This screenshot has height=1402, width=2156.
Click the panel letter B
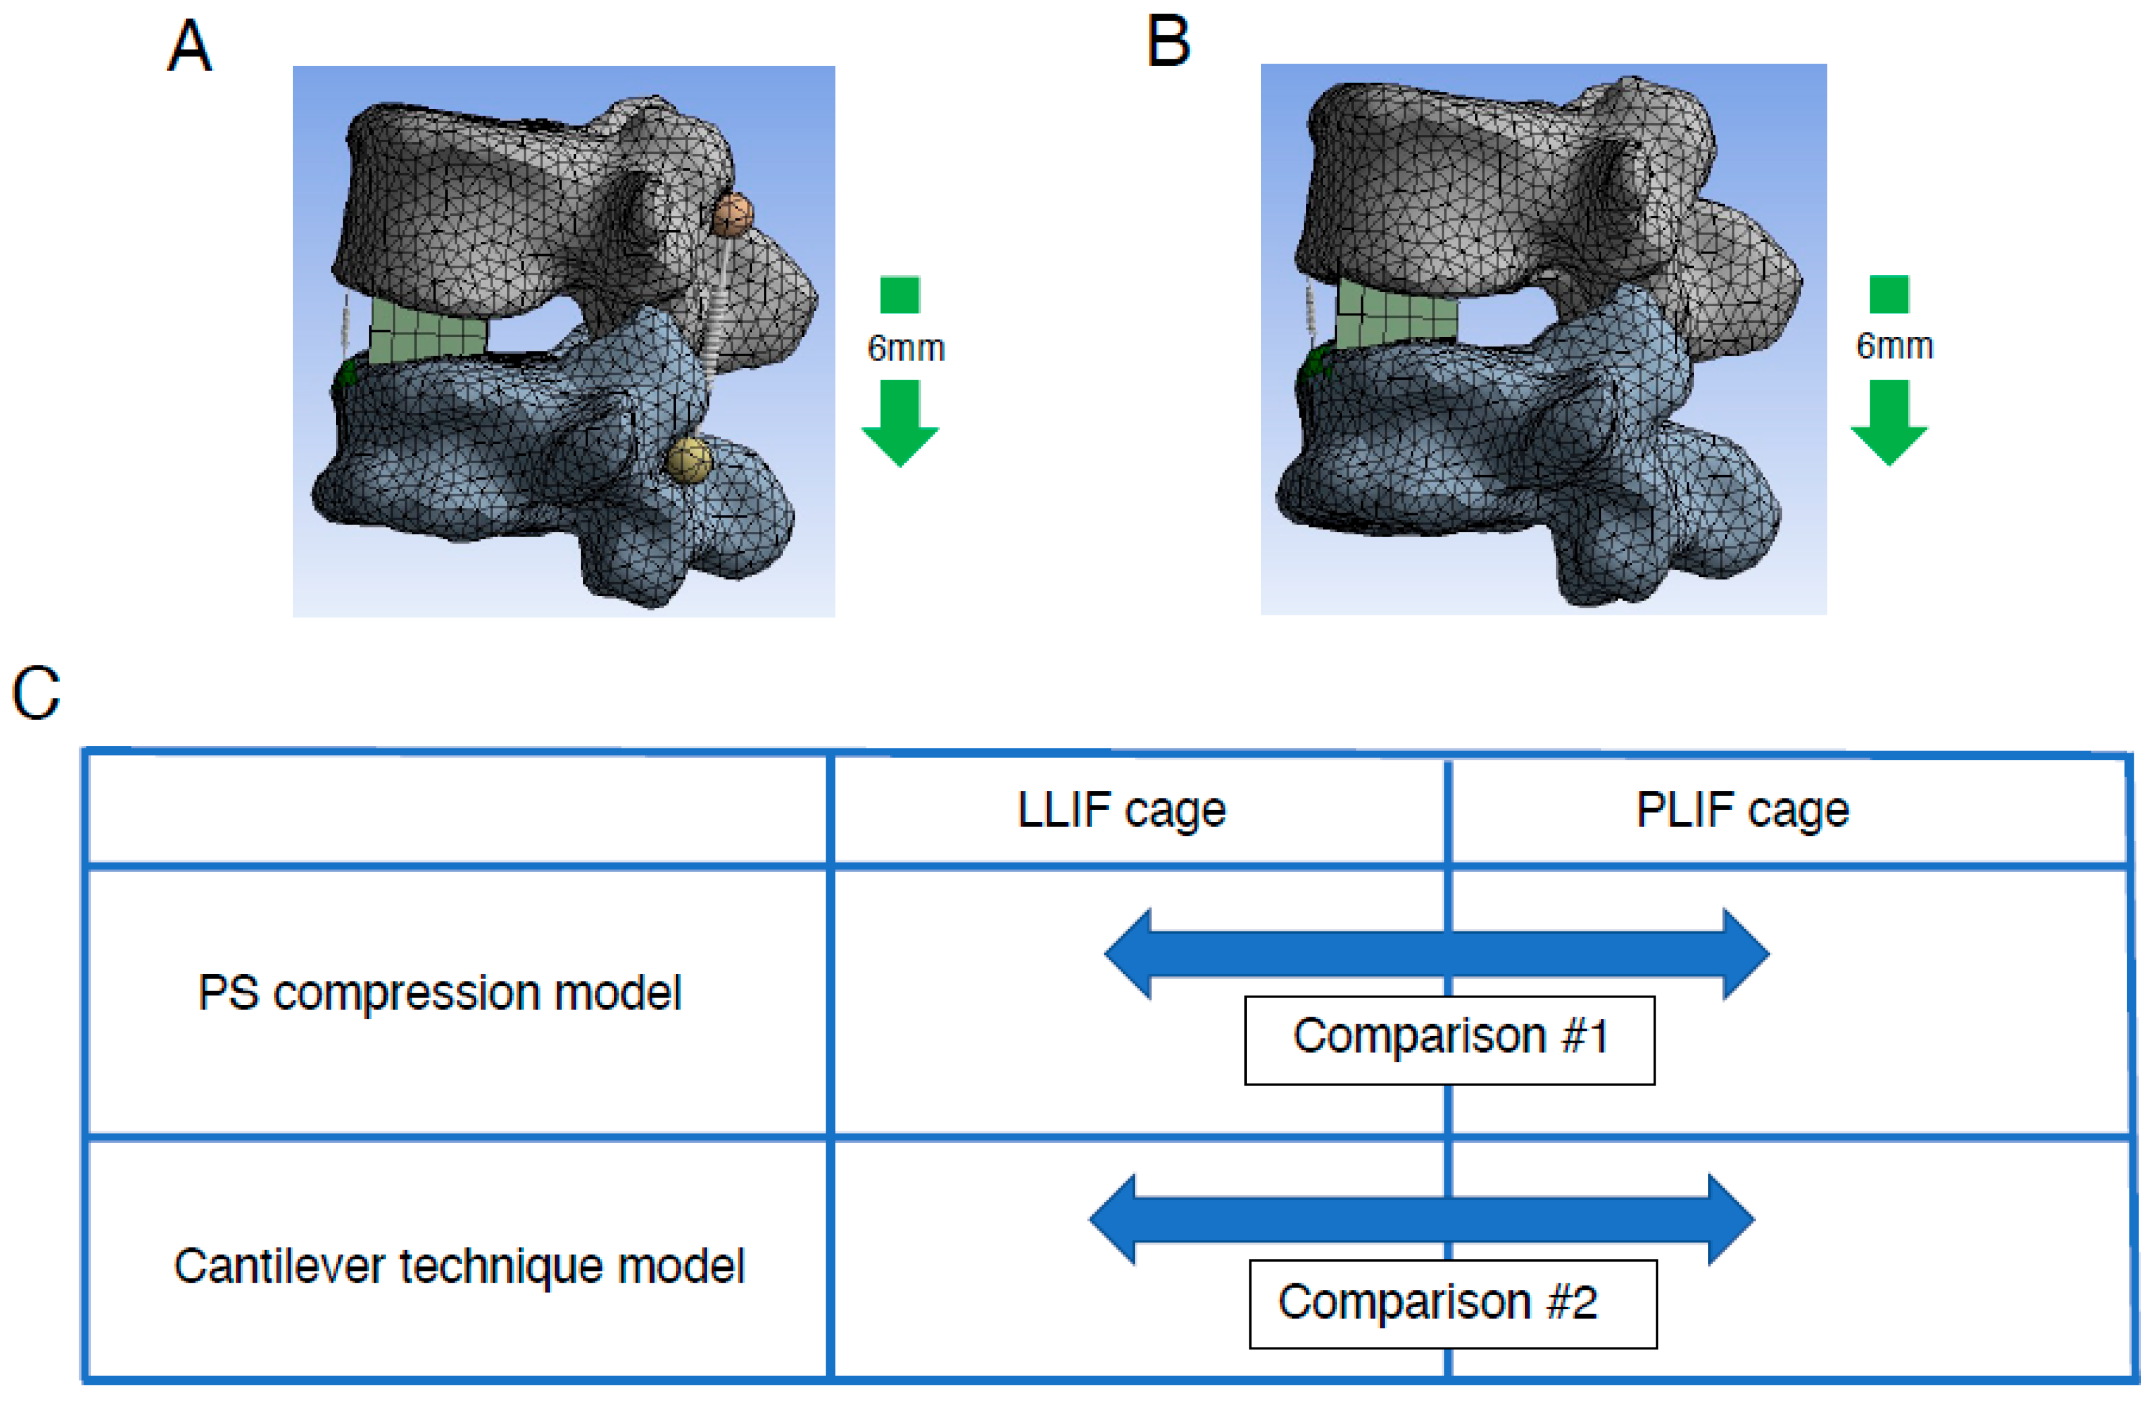(x=1168, y=43)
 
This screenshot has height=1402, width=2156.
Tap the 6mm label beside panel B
(x=1894, y=346)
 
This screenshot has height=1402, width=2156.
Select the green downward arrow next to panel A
(x=900, y=422)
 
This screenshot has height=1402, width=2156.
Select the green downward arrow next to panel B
(x=1889, y=421)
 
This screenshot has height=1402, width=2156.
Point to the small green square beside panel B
(x=1889, y=294)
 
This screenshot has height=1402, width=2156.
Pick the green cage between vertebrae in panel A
(x=427, y=331)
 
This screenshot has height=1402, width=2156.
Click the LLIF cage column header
(x=1121, y=810)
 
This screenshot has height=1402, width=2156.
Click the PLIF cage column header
(x=1742, y=810)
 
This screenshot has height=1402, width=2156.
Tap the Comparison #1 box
(x=1450, y=1039)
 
